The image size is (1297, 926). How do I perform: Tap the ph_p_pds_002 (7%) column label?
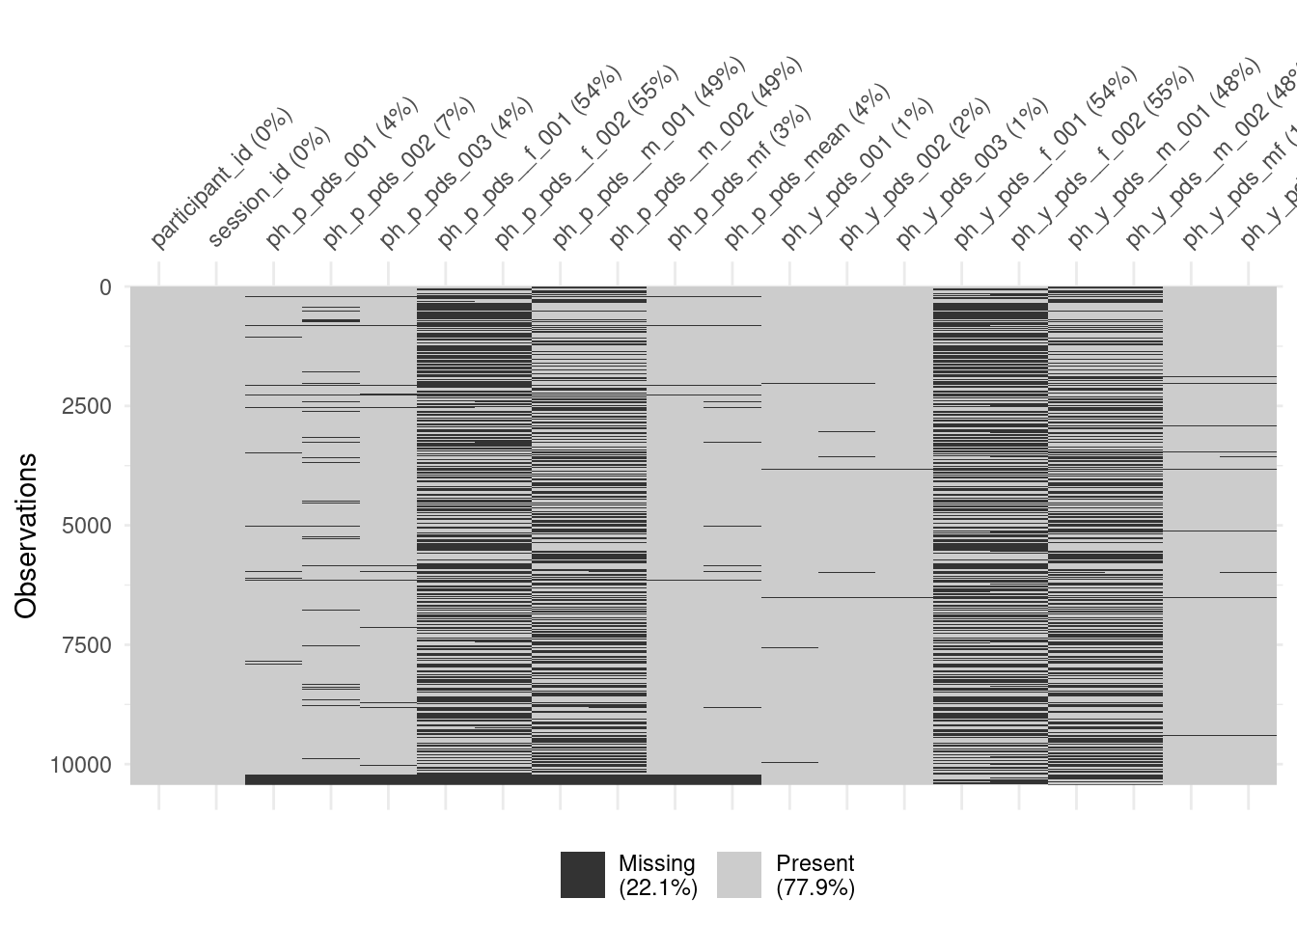point(398,174)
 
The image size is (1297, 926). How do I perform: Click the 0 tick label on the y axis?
point(105,287)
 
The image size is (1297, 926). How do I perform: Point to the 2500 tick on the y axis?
point(87,406)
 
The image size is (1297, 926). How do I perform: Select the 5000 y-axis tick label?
point(87,526)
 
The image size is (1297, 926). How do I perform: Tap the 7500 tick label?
point(87,644)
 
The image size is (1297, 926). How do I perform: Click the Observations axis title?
point(26,535)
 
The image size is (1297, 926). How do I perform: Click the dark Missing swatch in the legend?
point(583,875)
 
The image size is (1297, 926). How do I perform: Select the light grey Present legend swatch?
point(739,875)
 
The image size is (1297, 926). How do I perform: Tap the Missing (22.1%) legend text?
point(657,875)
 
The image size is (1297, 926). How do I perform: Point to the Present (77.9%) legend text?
point(815,875)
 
